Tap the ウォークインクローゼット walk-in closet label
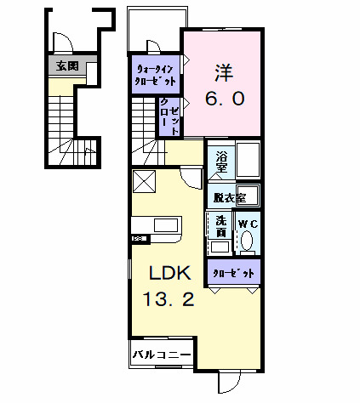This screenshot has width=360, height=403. point(155,75)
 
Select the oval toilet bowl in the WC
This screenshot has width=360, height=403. point(247,241)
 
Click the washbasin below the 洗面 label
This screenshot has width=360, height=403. point(220,247)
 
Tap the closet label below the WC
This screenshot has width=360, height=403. point(231,274)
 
